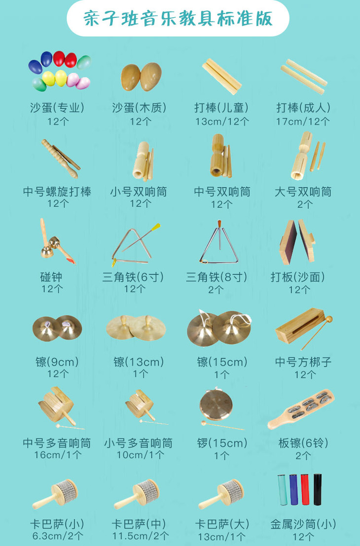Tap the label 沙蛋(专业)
(x=57, y=107)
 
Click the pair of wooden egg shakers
(x=142, y=76)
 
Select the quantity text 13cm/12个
(x=221, y=120)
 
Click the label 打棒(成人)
(x=303, y=107)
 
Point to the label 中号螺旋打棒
(x=57, y=191)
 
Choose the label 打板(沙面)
(x=298, y=277)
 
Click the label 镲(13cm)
(x=139, y=362)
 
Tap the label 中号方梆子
(x=303, y=362)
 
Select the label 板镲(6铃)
(x=303, y=443)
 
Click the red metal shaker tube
(x=304, y=490)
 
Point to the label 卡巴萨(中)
(x=139, y=523)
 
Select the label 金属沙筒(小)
(x=303, y=523)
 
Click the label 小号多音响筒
(x=139, y=443)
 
